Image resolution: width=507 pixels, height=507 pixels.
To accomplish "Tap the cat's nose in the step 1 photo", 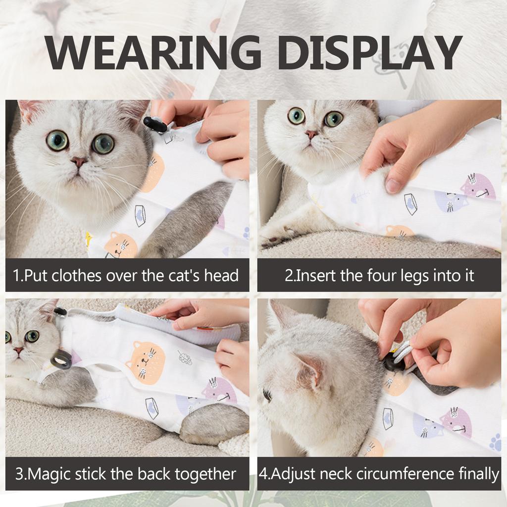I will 78,161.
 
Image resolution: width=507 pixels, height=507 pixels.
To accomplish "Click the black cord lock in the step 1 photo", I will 155,125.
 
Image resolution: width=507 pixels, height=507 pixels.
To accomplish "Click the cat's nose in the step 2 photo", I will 311,134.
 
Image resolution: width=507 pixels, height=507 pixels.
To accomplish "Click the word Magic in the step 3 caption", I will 51,474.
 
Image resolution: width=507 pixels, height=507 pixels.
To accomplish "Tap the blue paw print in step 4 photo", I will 495,442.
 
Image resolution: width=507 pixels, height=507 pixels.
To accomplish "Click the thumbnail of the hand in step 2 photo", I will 393,185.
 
